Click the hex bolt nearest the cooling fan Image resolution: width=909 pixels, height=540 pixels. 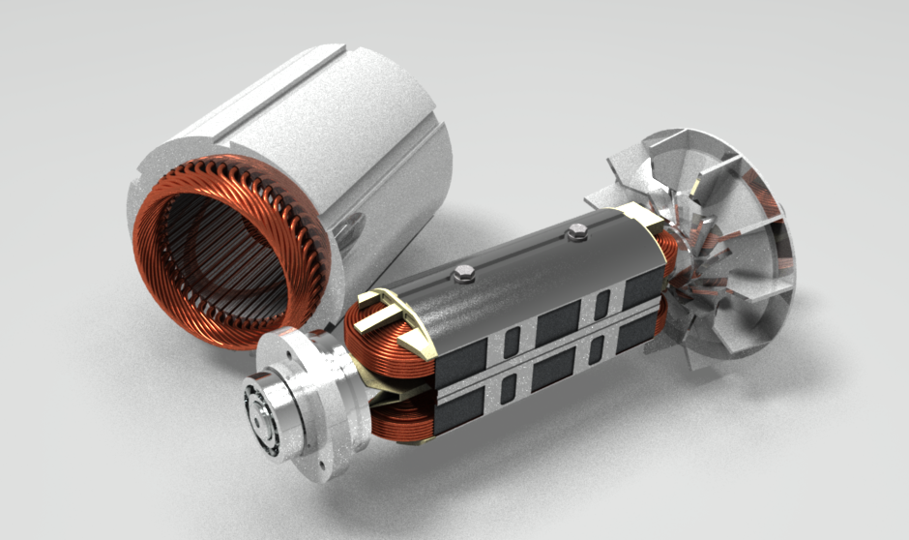point(577,230)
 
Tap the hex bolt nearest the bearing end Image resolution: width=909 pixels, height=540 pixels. point(462,277)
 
